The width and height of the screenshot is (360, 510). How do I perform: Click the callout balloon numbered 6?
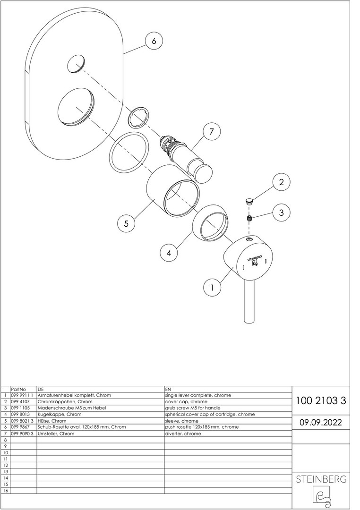pos(154,41)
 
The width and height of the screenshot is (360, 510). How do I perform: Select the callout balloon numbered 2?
pos(282,182)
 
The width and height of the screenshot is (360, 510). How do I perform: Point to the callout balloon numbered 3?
pos(281,212)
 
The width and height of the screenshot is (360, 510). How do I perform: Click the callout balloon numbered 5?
pos(126,224)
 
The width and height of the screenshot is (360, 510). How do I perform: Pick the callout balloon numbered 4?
pos(169,253)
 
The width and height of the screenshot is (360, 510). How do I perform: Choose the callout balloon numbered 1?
pos(212,287)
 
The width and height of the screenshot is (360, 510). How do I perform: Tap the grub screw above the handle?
pos(249,219)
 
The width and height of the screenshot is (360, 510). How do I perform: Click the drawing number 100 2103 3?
pos(321,401)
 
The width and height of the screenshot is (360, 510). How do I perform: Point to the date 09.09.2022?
pos(321,422)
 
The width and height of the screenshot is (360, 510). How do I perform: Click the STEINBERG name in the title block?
pos(321,479)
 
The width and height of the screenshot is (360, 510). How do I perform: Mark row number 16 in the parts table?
pos(5,491)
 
